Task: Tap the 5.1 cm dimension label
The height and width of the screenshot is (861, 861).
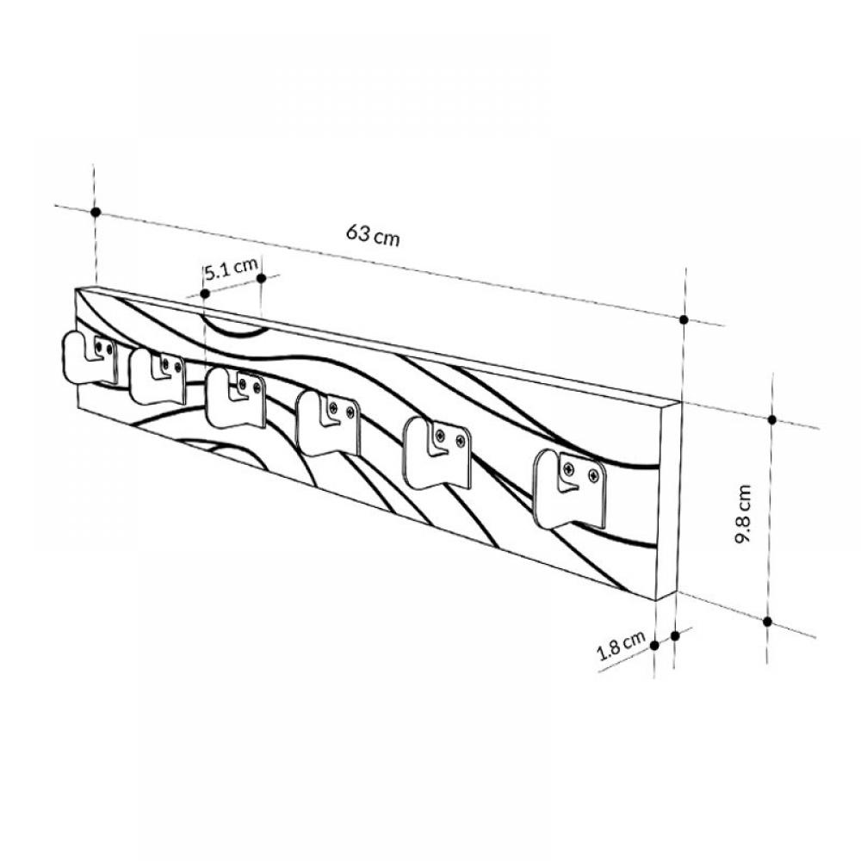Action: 231,269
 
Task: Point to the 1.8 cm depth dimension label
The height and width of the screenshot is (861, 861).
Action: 622,646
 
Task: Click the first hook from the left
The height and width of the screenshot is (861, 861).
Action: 89,357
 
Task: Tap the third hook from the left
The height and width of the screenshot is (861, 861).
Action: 236,397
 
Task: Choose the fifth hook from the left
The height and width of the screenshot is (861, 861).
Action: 437,453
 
